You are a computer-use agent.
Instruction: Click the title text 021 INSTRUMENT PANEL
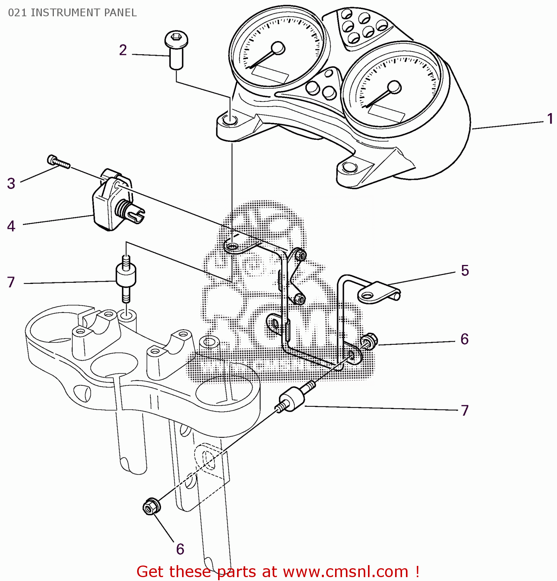click(72, 13)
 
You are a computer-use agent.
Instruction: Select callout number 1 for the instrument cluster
click(550, 119)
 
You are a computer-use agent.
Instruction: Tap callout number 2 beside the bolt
click(123, 50)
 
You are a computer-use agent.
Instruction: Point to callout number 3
click(11, 183)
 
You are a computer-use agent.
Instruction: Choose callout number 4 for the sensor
click(11, 226)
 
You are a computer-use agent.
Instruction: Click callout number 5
click(465, 270)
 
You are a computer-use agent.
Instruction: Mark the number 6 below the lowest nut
click(180, 549)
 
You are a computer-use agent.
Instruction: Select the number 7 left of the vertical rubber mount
click(11, 282)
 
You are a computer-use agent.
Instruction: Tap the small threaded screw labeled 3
click(58, 162)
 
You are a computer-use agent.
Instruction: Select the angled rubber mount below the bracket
click(293, 399)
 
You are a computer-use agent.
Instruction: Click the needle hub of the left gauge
click(278, 48)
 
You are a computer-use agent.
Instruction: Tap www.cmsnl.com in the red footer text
click(346, 572)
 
